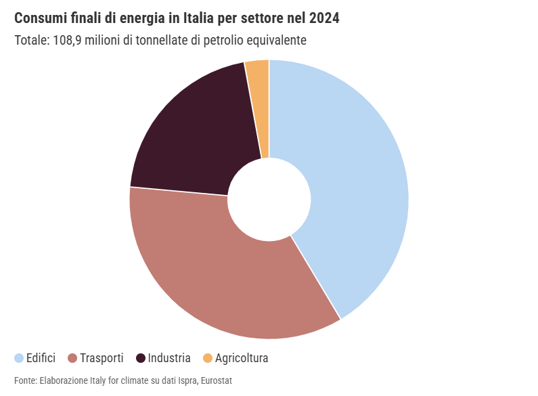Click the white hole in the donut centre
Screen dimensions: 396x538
(269, 199)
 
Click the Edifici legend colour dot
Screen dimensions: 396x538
(19, 358)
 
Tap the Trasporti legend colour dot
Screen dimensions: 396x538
(71, 358)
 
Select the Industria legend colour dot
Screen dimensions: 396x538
(141, 358)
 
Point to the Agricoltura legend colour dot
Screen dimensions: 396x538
(207, 358)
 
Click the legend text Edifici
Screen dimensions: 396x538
(41, 358)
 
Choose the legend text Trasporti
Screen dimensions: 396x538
(102, 358)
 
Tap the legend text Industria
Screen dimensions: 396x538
(169, 358)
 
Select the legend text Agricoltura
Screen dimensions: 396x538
(242, 358)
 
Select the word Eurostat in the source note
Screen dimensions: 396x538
(217, 381)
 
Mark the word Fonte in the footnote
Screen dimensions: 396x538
(25, 381)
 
